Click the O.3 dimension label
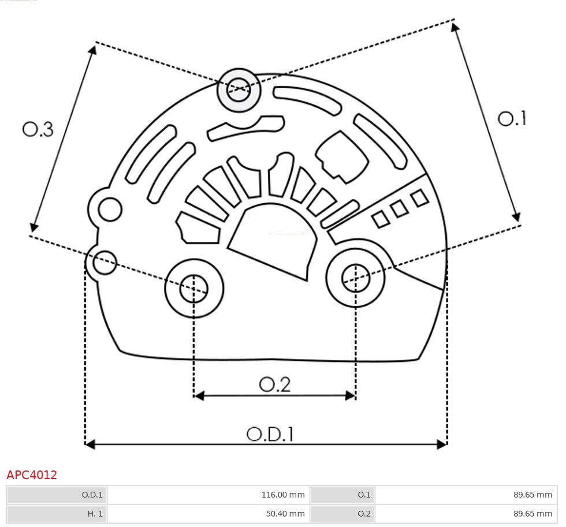(x=38, y=129)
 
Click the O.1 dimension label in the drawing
(x=512, y=118)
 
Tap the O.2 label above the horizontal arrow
(x=275, y=384)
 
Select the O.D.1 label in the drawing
(x=270, y=434)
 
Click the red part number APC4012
(x=32, y=474)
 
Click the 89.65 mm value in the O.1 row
(x=533, y=495)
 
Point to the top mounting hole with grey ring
(x=239, y=90)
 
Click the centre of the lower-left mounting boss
(x=194, y=288)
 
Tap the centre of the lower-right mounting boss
(x=356, y=278)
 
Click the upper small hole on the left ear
(x=110, y=210)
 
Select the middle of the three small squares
(x=399, y=209)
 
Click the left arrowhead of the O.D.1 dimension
(x=90, y=444)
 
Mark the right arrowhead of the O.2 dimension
(x=351, y=396)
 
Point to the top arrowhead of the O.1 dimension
(x=455, y=27)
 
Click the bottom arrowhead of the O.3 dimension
(x=34, y=227)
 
